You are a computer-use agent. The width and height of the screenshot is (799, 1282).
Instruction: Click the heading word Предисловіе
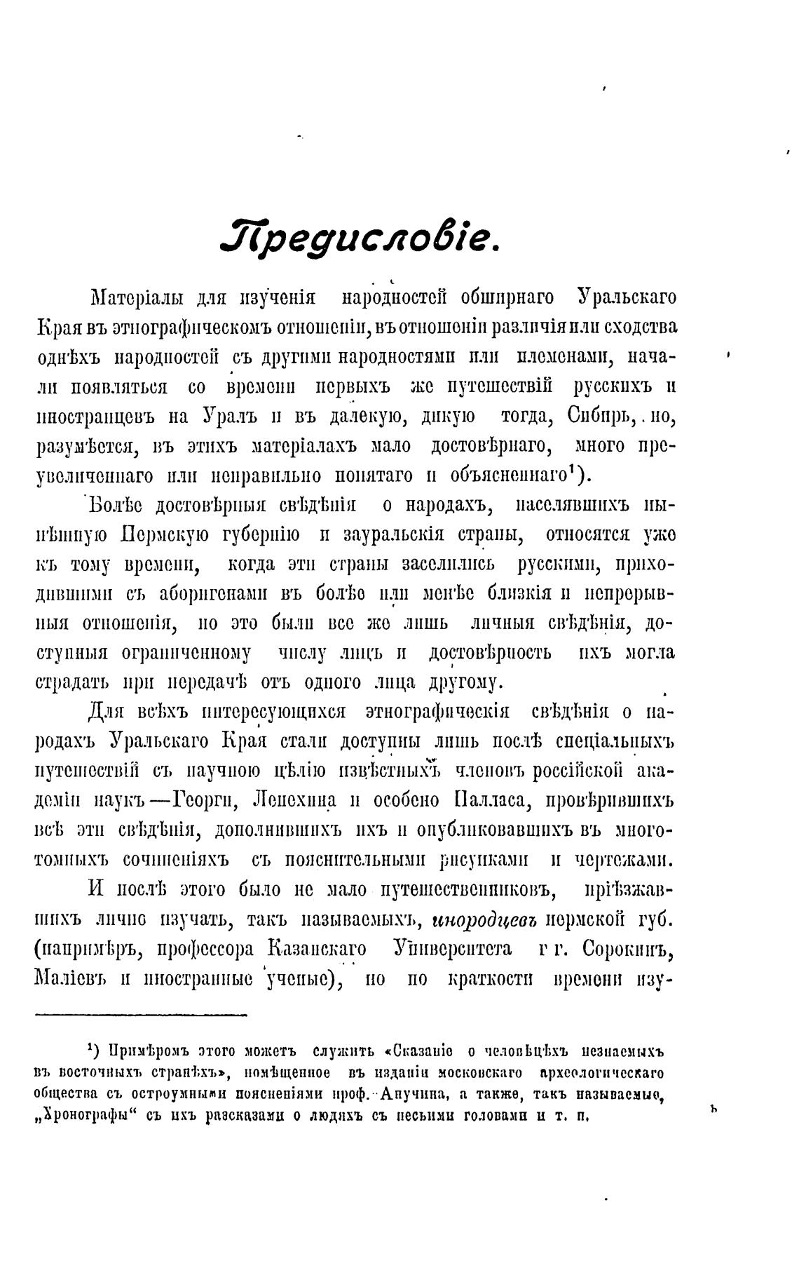(x=359, y=240)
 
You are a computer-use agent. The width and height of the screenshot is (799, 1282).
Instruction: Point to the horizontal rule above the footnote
(x=140, y=1014)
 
